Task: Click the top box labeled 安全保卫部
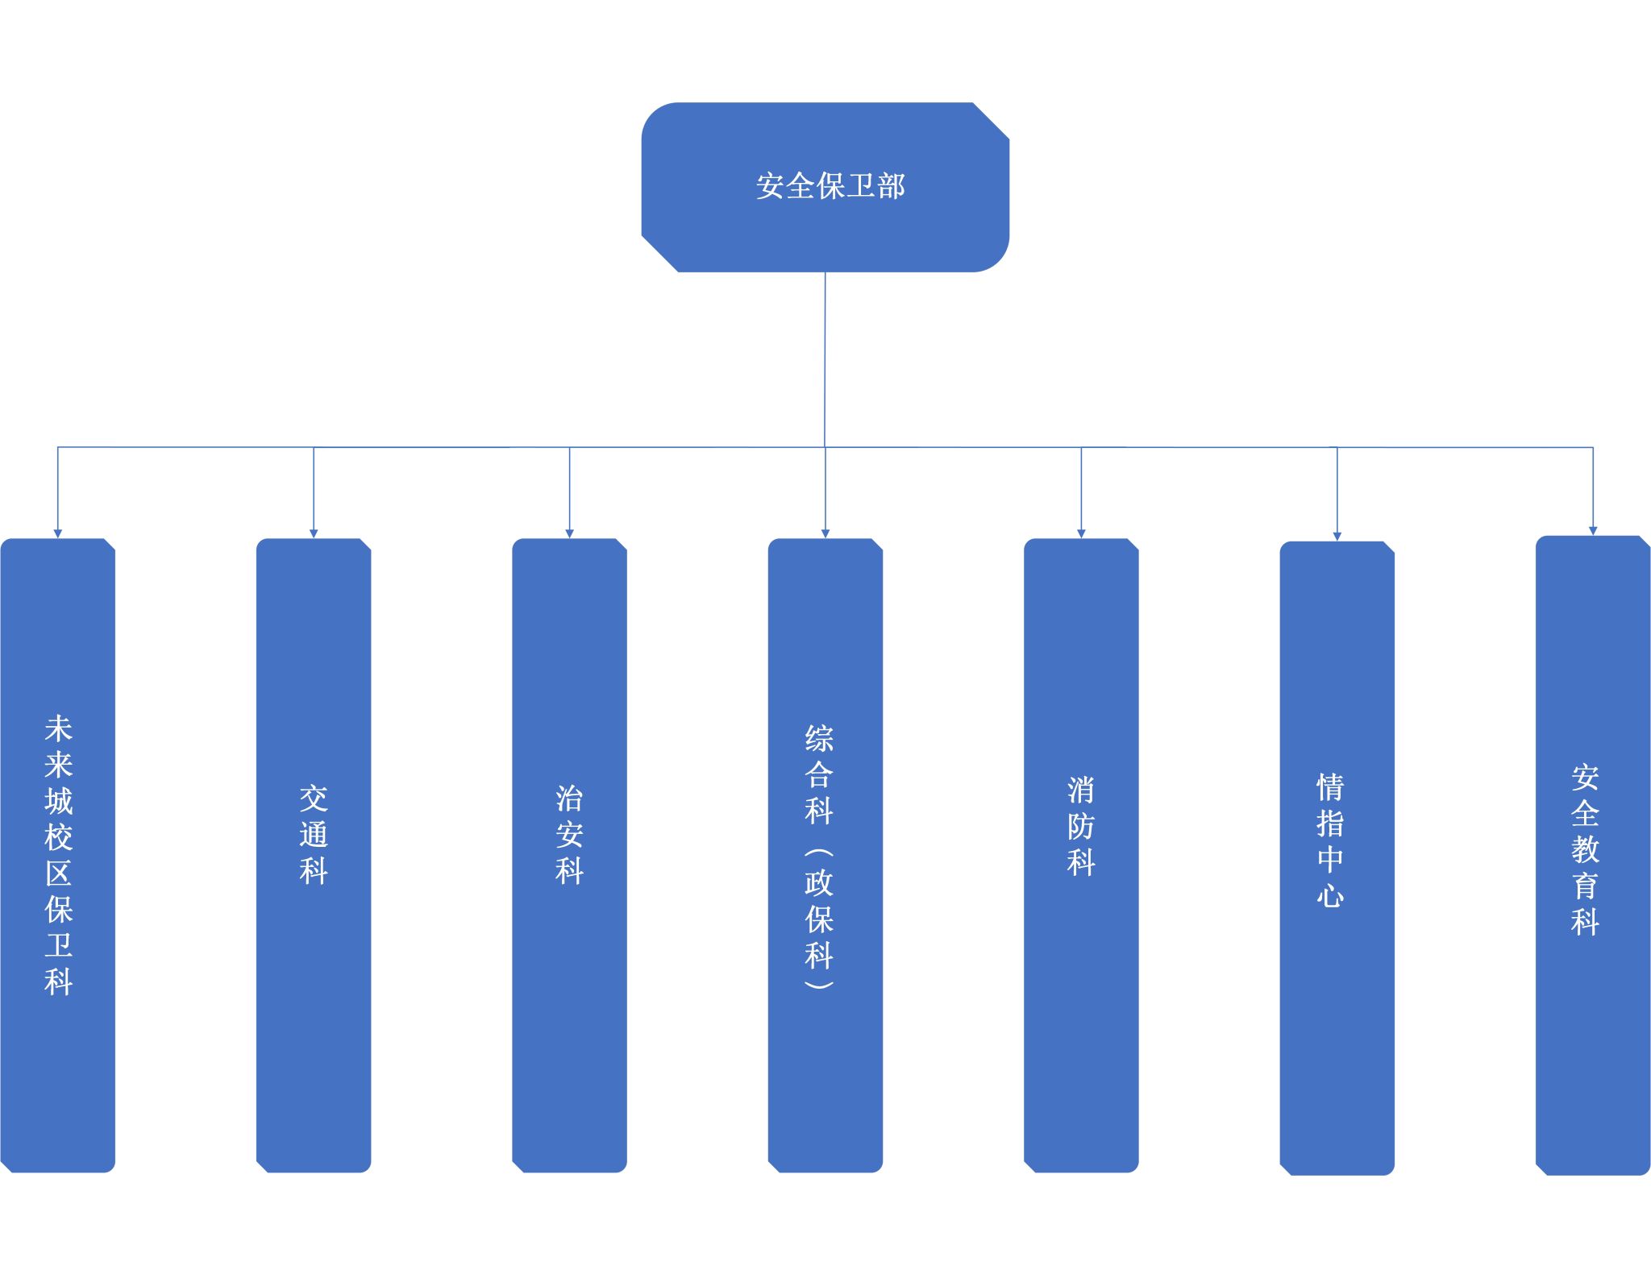click(x=825, y=187)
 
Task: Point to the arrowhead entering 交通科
click(x=314, y=533)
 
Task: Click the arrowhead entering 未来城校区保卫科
click(x=58, y=533)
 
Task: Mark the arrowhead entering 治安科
click(x=569, y=533)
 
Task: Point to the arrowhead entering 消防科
click(x=1081, y=533)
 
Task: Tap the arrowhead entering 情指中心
click(x=1337, y=536)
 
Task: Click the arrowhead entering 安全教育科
click(x=1592, y=531)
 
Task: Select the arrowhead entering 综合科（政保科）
click(x=825, y=533)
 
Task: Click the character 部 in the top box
click(x=892, y=187)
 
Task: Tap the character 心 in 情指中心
click(x=1330, y=895)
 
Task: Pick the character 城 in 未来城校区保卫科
click(x=58, y=801)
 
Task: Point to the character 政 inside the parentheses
click(x=818, y=883)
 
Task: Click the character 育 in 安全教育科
click(x=1585, y=886)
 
